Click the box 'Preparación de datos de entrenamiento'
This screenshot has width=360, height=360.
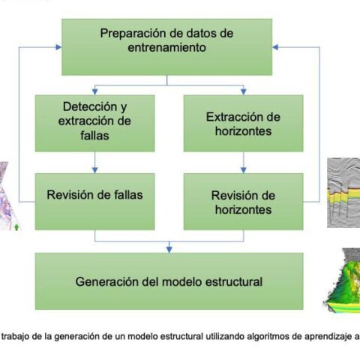coord(167,47)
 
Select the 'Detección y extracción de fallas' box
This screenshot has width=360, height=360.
coord(94,123)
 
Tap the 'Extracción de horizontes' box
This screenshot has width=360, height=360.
coord(244,123)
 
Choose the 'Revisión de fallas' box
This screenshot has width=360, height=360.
coord(94,202)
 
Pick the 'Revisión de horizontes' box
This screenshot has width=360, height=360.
coord(244,202)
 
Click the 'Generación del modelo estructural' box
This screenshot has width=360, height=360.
coord(169,281)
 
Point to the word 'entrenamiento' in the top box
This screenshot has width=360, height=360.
coord(167,47)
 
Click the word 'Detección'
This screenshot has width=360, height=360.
coord(90,106)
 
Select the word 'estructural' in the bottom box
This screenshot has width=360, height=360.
coord(233,282)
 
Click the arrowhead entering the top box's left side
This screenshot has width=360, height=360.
coord(58,47)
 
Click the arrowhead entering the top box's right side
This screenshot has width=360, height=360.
coord(275,47)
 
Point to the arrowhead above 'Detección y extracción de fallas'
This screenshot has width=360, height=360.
coord(94,91)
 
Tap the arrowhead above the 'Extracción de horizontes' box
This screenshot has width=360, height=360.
coord(244,91)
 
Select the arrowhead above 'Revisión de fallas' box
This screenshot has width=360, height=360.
coord(94,170)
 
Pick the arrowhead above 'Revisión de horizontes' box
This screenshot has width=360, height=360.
coord(244,170)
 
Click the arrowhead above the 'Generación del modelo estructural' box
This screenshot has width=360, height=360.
coord(169,250)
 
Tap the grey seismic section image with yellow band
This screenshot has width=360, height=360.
coord(343,193)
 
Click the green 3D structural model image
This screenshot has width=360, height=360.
coord(343,280)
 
